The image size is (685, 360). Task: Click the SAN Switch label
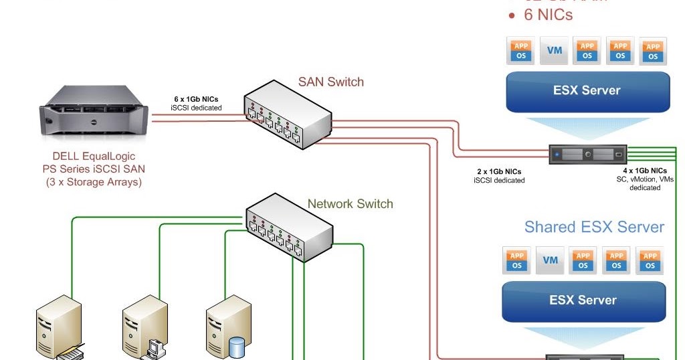330,82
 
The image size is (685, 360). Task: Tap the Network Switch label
350,203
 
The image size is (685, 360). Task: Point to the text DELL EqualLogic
93,157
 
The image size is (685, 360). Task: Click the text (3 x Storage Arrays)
93,181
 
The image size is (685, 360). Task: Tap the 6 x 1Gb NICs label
196,99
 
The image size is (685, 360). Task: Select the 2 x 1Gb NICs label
499,172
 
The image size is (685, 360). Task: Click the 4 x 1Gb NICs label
644,171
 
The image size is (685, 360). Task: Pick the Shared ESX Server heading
594,227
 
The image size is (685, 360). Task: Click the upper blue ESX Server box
587,91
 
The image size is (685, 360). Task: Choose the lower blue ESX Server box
583,300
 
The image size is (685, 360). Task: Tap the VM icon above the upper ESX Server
555,51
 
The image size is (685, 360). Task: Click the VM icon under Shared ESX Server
551,260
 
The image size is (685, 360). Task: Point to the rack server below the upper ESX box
588,155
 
